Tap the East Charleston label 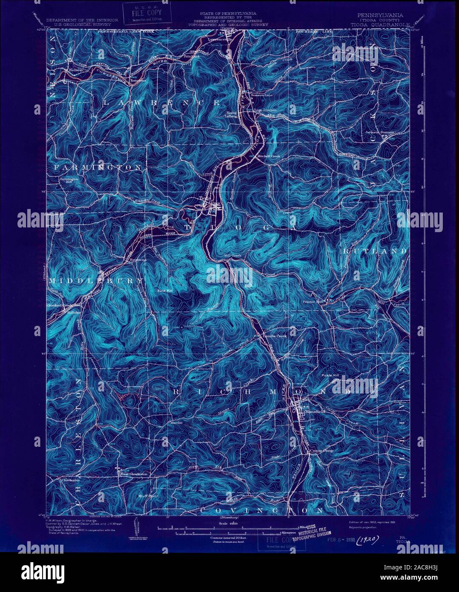tap(134, 474)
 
